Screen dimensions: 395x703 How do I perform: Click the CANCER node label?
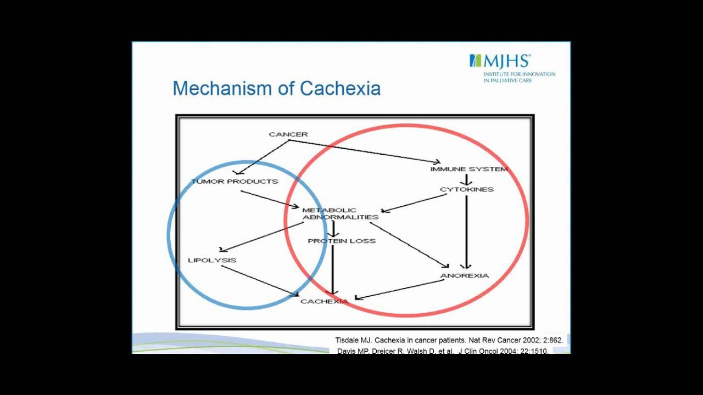288,134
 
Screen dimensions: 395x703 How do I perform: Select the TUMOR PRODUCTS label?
235,182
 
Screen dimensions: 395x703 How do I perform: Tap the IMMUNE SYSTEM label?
469,170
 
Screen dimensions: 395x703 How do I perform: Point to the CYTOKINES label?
467,190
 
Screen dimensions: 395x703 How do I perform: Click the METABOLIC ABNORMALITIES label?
340,213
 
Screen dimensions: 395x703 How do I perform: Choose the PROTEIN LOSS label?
342,241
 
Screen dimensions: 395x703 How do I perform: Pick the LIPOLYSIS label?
212,260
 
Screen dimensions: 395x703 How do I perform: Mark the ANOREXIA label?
465,275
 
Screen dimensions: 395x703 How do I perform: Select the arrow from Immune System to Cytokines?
466,179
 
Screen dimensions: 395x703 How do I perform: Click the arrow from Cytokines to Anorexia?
466,230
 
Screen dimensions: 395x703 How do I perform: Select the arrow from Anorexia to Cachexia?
400,290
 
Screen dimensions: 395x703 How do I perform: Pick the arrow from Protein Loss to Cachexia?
333,269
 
